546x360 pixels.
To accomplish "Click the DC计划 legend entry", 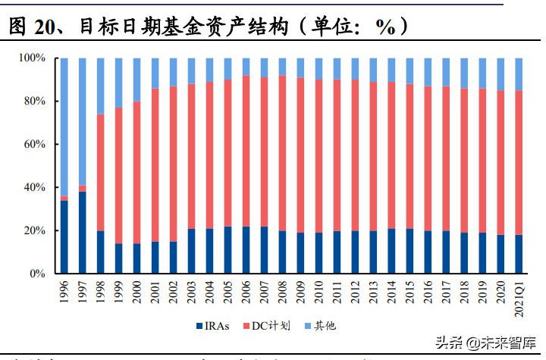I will click(x=273, y=325).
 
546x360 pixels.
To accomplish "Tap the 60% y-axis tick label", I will click(x=36, y=144).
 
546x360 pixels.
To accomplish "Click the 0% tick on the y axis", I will click(x=38, y=274).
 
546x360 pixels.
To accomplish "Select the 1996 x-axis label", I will click(x=64, y=292).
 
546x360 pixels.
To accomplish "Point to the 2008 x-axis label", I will click(x=283, y=292).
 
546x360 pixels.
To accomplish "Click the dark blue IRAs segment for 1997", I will click(x=83, y=233).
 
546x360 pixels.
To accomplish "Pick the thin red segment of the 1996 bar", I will click(x=64, y=199).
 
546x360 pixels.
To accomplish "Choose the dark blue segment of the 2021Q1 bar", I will click(x=519, y=254).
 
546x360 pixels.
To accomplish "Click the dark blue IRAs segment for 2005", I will click(x=228, y=250).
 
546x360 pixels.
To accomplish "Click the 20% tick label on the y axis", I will click(x=36, y=230).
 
